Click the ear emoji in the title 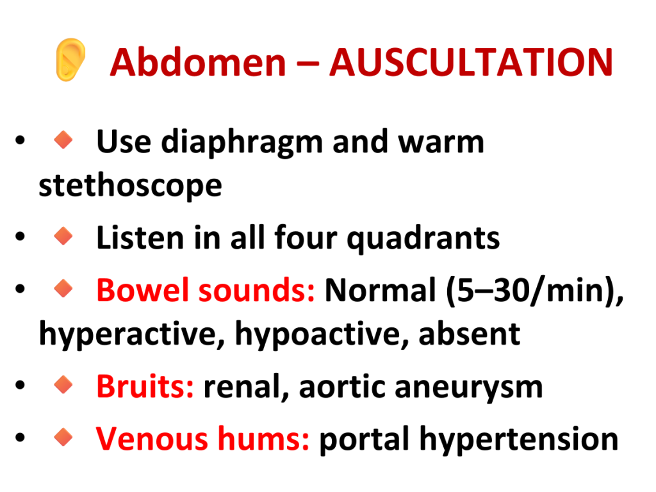70,60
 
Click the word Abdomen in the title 198,63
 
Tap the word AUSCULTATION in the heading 471,63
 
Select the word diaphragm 242,143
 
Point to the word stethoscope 130,185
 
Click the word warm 441,142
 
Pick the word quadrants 423,238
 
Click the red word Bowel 143,290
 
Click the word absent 470,334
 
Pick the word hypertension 519,439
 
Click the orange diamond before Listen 63,236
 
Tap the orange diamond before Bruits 63,384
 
